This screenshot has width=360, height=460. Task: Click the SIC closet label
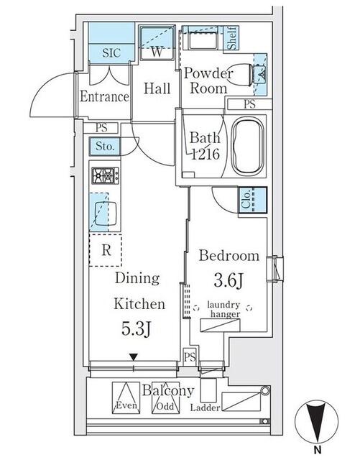[111, 52]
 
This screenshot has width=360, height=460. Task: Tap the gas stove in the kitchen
[106, 175]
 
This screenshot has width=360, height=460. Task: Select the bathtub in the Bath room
[248, 147]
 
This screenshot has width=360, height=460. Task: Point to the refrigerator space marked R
[106, 250]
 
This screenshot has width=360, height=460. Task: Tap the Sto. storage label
[105, 146]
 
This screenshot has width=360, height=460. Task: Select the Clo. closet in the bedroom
[252, 200]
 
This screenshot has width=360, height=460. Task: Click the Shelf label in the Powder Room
[231, 37]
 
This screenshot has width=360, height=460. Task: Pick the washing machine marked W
[157, 43]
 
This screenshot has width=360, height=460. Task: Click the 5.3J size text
[137, 329]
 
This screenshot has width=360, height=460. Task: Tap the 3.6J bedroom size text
[229, 281]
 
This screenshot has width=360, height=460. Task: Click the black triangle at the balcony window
[134, 357]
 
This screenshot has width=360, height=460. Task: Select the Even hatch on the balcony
[126, 397]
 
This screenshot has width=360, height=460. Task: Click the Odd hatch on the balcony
[165, 397]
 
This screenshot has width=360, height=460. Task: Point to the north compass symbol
[316, 422]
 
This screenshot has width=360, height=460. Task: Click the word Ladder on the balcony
[205, 408]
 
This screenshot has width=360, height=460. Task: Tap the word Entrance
[104, 96]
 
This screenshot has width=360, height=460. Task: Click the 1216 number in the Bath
[205, 154]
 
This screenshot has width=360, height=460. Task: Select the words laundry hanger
[224, 310]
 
